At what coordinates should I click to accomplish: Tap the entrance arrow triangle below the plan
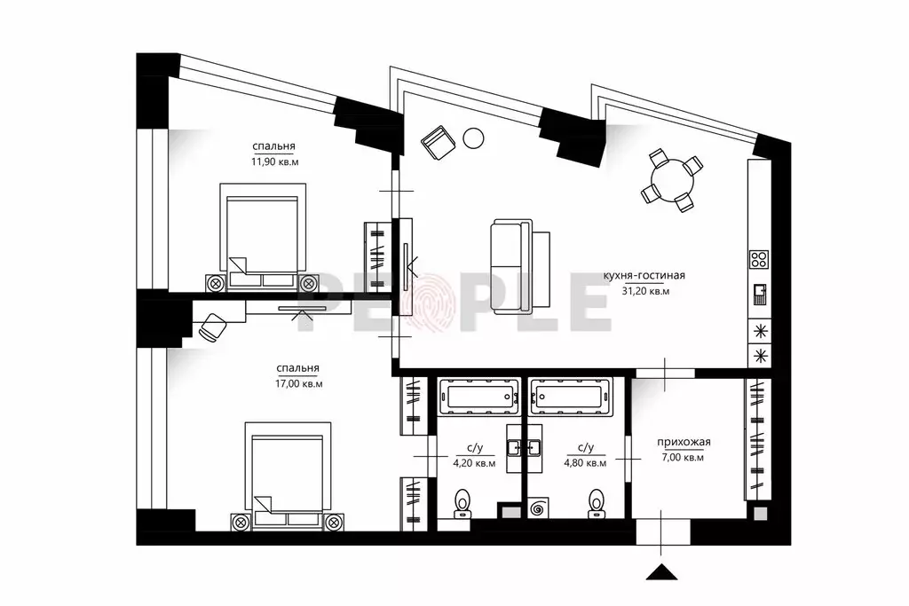(662, 571)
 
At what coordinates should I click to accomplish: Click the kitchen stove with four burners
(759, 259)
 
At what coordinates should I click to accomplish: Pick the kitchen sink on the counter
(760, 295)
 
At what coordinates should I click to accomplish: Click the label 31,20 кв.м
(645, 291)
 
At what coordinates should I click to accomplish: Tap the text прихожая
(684, 443)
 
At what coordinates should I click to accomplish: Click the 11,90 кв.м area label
(275, 162)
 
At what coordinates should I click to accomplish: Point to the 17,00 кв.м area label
(298, 383)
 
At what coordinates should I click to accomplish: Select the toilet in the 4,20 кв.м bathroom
(462, 502)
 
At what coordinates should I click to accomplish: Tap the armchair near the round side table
(439, 142)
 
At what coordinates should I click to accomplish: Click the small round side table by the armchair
(474, 138)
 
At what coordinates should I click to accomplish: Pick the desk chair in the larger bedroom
(212, 327)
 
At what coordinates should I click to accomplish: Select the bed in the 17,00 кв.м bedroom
(289, 474)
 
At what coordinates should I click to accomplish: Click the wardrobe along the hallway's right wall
(758, 438)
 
